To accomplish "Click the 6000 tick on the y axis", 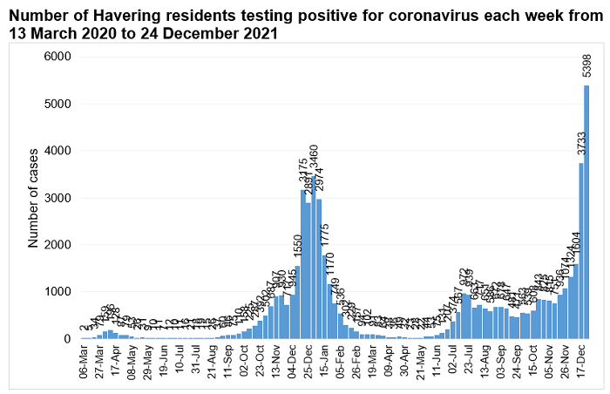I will pos(58,57).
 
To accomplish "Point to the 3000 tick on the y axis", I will pos(58,198).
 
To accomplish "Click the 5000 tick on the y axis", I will pos(58,104).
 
